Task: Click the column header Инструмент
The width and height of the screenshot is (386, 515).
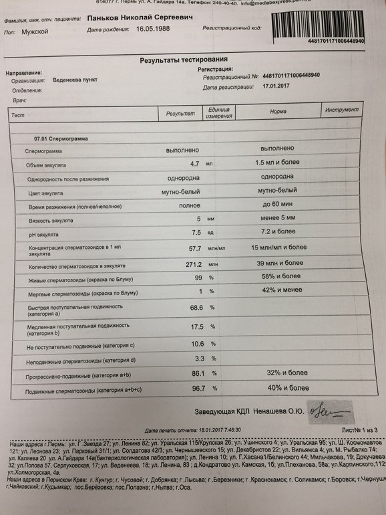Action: [342, 110]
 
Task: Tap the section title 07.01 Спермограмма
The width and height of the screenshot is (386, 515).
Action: [61, 138]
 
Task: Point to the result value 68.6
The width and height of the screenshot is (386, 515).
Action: [196, 308]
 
